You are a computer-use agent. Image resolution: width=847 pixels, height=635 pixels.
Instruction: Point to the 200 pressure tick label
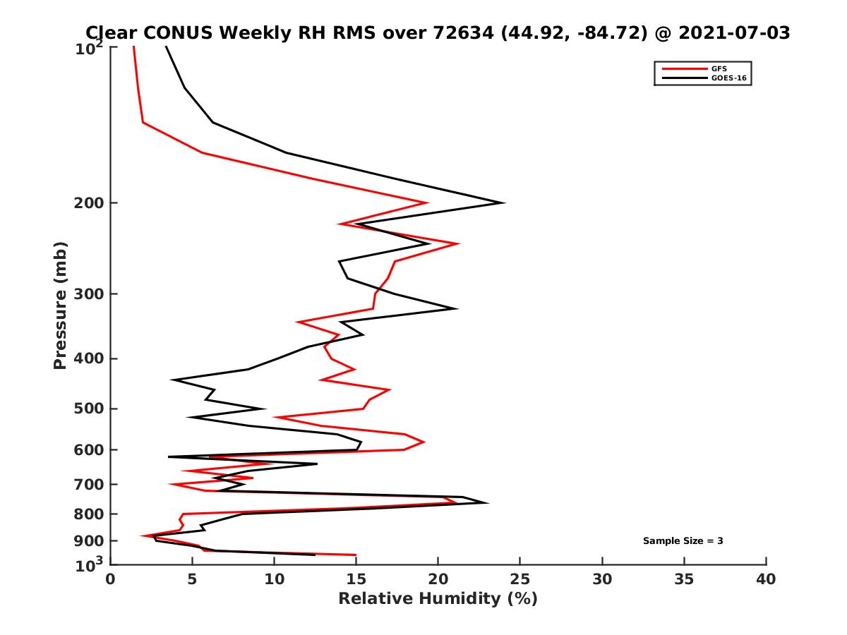coord(89,203)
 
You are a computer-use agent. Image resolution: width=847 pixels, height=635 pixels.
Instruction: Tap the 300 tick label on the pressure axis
coord(89,294)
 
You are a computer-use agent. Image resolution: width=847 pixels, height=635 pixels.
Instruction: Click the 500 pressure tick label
coord(89,409)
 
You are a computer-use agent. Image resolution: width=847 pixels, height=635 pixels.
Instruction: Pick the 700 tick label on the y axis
coord(89,485)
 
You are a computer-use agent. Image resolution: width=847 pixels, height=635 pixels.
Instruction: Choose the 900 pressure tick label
coord(89,541)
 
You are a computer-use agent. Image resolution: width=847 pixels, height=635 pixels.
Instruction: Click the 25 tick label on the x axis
coord(520,579)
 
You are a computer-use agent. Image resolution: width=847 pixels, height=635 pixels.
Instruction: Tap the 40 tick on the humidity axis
coord(766,579)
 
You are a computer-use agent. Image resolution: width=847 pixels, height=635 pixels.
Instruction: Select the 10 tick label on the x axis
coord(274,579)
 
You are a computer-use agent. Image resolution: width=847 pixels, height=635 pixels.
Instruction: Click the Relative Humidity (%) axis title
coord(438,599)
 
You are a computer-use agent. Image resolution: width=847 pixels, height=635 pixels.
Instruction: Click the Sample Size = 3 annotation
coord(683,541)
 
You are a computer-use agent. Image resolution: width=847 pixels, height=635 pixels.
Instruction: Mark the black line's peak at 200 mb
coord(503,203)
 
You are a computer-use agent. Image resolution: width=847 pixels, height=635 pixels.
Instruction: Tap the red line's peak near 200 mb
coord(428,202)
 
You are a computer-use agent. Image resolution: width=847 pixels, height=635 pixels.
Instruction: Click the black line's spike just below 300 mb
coord(457,308)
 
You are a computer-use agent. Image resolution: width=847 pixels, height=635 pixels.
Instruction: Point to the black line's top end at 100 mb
coord(166,47)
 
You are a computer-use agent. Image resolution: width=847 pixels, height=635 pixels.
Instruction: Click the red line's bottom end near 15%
coord(356,555)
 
